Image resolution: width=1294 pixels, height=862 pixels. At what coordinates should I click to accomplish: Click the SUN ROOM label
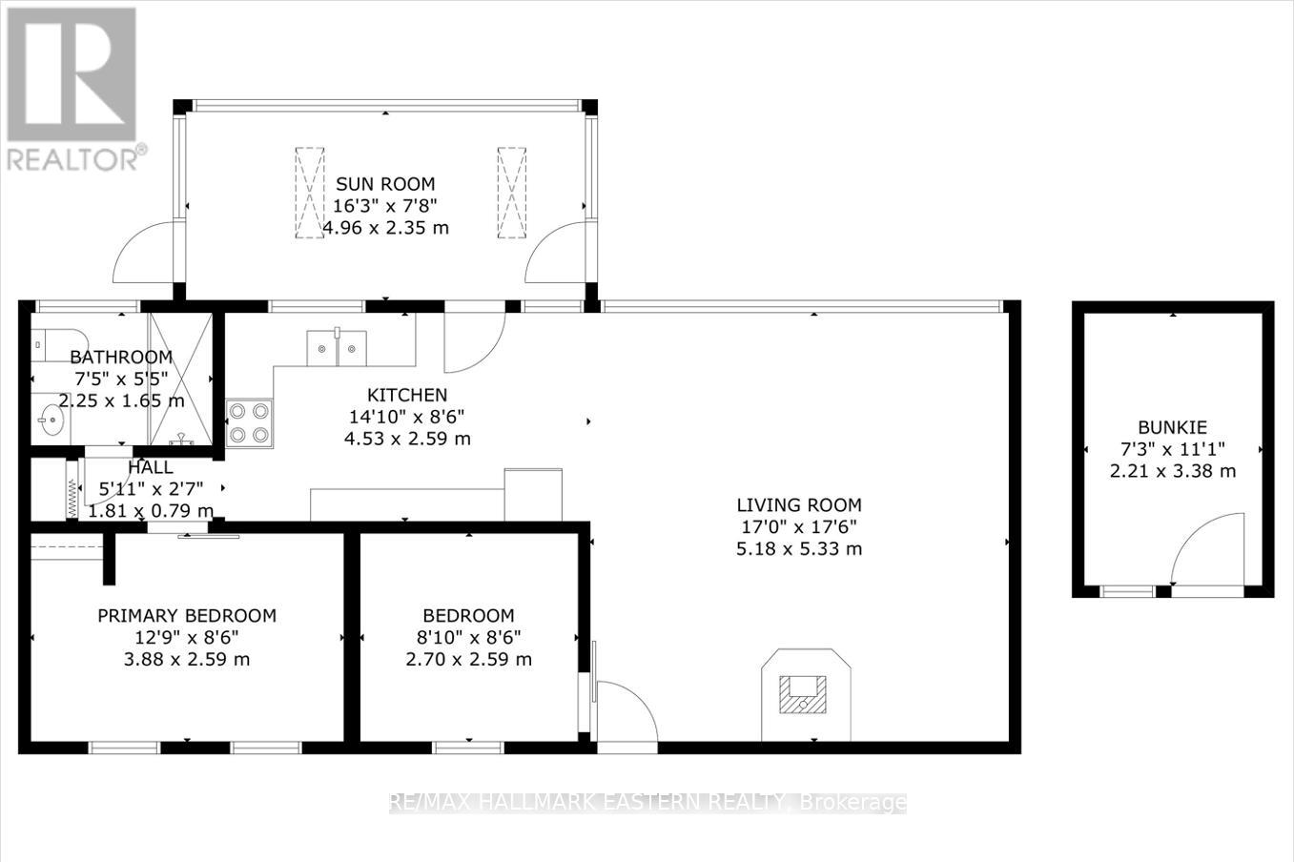pos(384,184)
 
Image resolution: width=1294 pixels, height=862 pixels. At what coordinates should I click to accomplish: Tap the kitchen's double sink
pos(337,347)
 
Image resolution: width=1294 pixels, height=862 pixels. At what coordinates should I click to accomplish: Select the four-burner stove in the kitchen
pos(249,423)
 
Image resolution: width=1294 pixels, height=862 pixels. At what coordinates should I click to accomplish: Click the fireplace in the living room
pos(805,694)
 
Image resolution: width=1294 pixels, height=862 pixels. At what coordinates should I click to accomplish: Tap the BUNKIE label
pos(1172,427)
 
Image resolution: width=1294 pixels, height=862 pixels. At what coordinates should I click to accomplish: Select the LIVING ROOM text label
pos(799,505)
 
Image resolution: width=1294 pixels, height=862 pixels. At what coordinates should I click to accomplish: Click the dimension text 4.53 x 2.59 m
pos(407,439)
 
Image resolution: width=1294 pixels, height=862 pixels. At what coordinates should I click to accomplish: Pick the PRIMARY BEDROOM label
pos(187,616)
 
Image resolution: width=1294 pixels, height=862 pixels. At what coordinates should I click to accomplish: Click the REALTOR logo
pos(72,88)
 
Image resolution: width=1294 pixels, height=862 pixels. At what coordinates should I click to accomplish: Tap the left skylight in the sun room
pos(309,192)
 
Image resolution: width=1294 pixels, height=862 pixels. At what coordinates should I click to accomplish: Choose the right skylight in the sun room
pos(511,192)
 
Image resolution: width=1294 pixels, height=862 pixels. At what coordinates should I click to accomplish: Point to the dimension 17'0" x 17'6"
pos(799,527)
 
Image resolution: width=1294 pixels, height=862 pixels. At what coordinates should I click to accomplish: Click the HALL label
pos(151,467)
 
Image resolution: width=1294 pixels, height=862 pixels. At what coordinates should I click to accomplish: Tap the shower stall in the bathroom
pos(181,379)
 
